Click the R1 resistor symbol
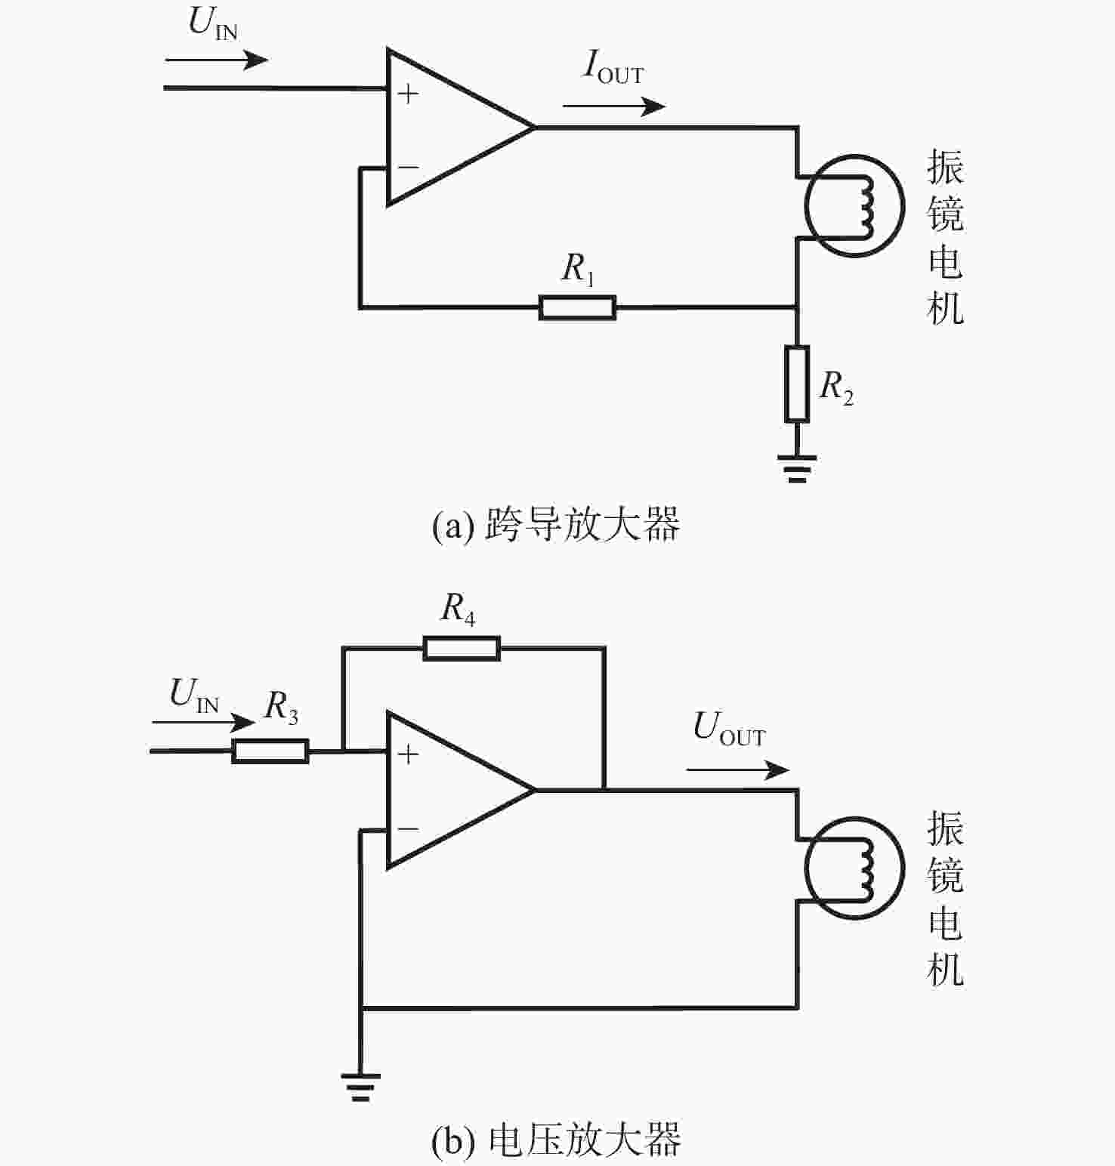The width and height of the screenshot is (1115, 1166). (577, 307)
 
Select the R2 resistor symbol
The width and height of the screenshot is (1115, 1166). (797, 384)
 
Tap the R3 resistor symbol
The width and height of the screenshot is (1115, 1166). (270, 751)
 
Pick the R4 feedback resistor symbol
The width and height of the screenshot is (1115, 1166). (462, 648)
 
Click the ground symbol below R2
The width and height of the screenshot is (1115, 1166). (797, 468)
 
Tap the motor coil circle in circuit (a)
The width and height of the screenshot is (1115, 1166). (854, 206)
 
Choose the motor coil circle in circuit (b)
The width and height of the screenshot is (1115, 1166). (854, 868)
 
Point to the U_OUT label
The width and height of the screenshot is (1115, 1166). (729, 729)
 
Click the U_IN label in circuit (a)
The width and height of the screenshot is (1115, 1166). (213, 23)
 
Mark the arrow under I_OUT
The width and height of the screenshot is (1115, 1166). (614, 106)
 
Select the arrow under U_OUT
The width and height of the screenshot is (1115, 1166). (737, 770)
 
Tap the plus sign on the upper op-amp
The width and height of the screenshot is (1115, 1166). (408, 94)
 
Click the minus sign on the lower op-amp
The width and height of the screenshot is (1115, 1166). (408, 829)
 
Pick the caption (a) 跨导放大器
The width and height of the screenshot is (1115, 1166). (556, 523)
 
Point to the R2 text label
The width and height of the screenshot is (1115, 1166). (837, 387)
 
